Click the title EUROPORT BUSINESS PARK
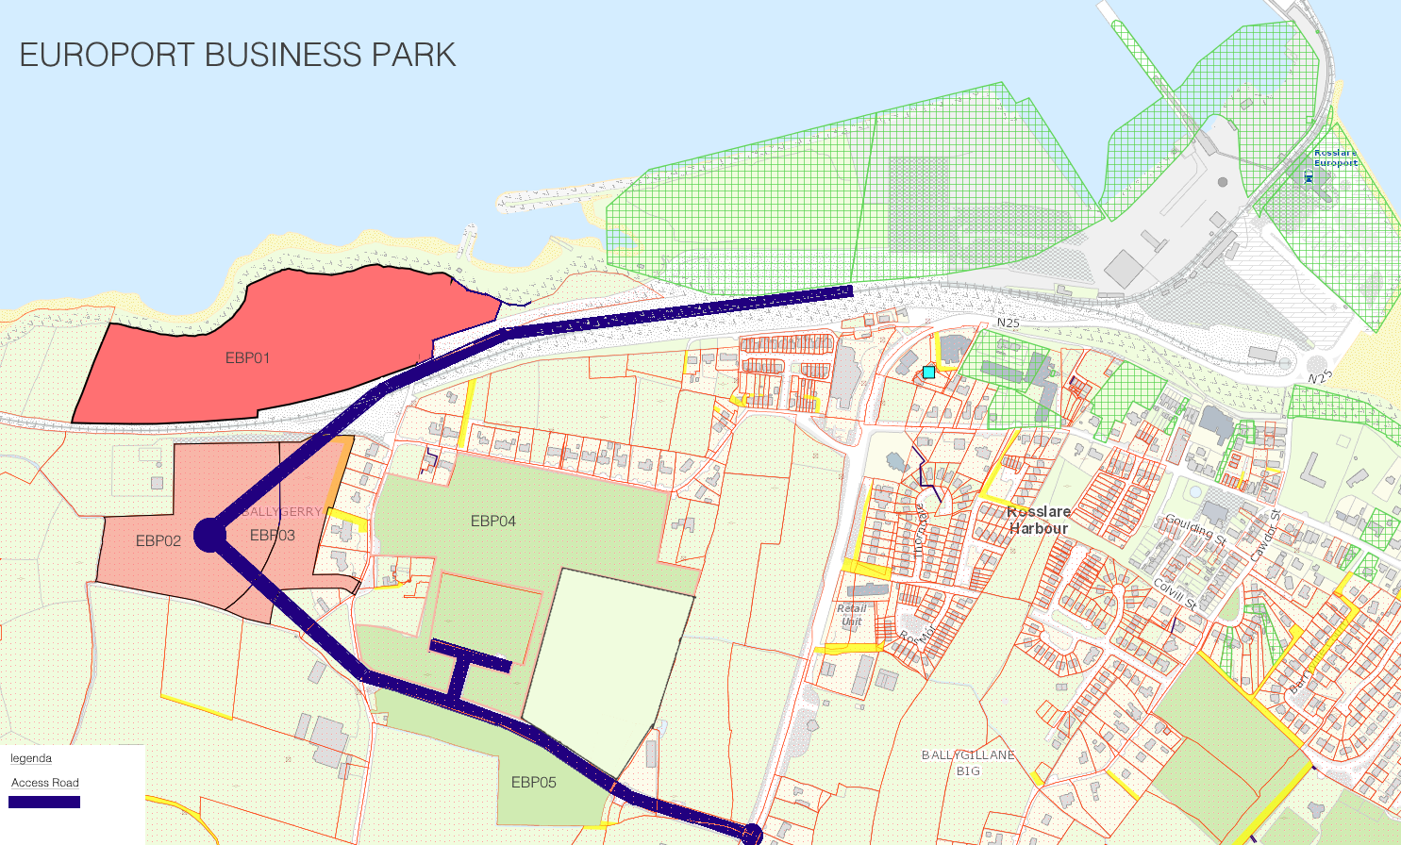coord(238,55)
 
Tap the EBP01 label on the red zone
coord(247,358)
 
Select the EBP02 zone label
coord(158,541)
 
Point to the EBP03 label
coord(273,536)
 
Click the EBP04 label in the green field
coord(493,522)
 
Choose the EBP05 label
coord(534,782)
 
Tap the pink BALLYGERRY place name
coord(282,512)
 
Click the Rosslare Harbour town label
coord(1039,520)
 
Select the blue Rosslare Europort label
coord(1336,157)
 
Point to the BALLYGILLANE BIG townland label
coord(968,763)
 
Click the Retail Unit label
coord(851,615)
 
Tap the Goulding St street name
coord(1194,529)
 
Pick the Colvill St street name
coord(1176,594)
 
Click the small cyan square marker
coord(928,373)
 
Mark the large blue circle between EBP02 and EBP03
coord(209,535)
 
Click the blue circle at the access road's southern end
coord(751,834)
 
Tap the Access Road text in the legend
coord(45,783)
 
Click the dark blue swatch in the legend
coord(44,803)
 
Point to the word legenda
coord(31,758)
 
